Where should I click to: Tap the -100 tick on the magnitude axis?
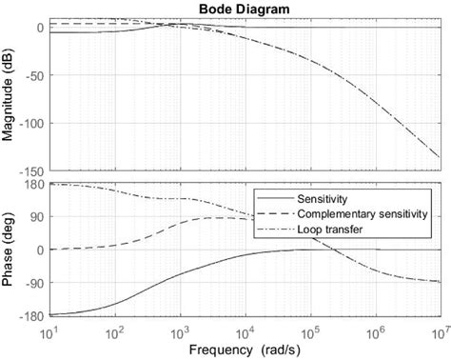pyautogui.click(x=29, y=124)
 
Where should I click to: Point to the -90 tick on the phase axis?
pyautogui.click(x=32, y=283)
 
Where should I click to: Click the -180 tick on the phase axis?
pyautogui.click(x=29, y=316)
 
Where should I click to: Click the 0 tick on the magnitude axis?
pyautogui.click(x=39, y=28)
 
